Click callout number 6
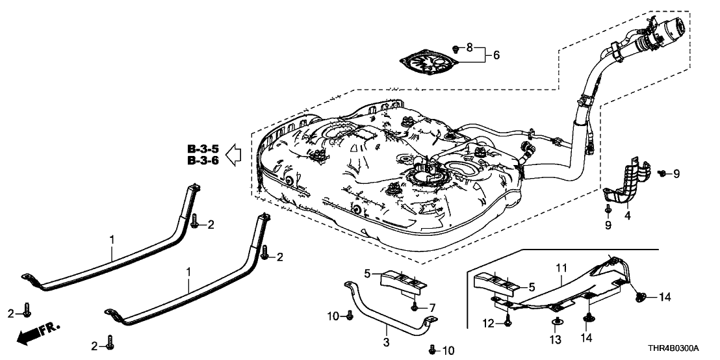(x=496, y=55)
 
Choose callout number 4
(x=628, y=214)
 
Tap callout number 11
(x=561, y=267)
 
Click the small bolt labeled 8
(x=456, y=48)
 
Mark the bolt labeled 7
(x=414, y=305)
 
